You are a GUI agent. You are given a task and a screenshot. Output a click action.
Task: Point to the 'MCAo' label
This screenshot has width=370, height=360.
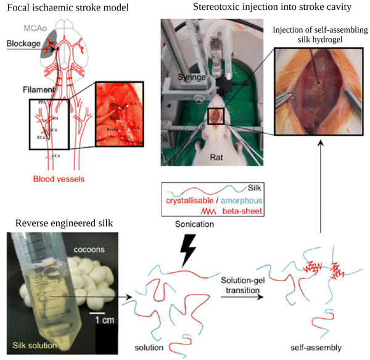tap(34, 28)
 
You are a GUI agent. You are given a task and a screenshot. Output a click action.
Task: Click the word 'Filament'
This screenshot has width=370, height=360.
tap(21, 88)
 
